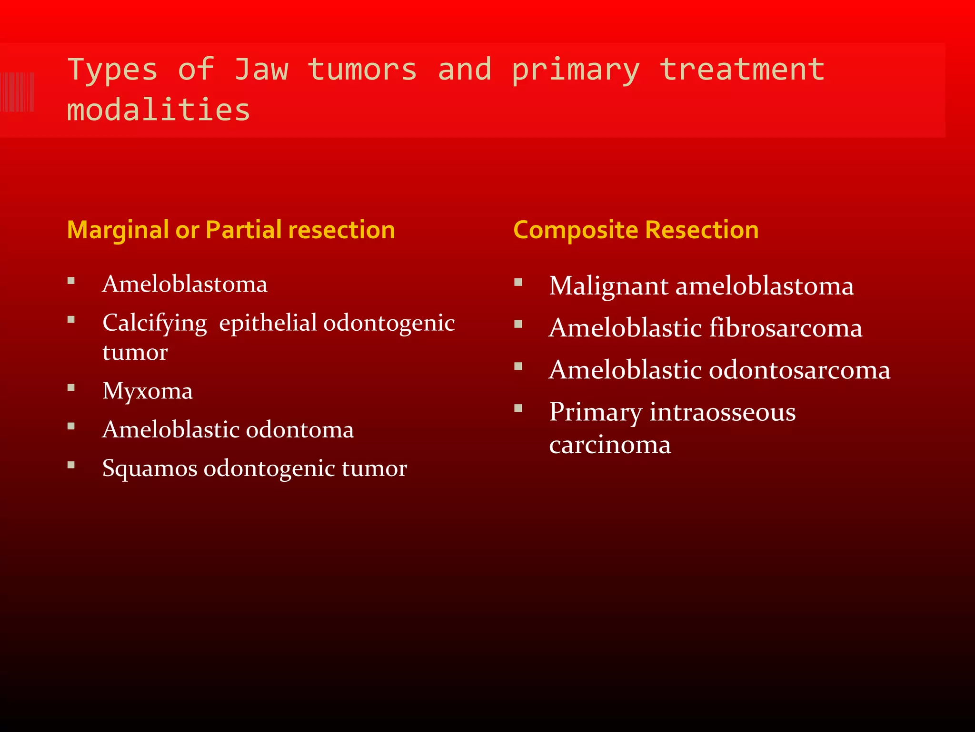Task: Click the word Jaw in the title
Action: point(261,69)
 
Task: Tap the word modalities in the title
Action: point(159,110)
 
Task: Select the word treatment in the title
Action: point(742,69)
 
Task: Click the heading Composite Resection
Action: point(636,230)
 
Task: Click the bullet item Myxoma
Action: point(148,391)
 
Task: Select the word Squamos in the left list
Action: point(149,468)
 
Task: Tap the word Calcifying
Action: point(155,323)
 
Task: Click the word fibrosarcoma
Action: point(786,328)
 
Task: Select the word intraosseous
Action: point(722,412)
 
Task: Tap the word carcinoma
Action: point(610,445)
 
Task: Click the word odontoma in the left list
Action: point(299,429)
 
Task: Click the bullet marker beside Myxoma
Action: point(71,387)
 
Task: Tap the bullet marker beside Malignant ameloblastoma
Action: point(518,282)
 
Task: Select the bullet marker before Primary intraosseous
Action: point(518,408)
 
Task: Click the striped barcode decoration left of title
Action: point(17,92)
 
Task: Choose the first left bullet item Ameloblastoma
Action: point(185,284)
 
